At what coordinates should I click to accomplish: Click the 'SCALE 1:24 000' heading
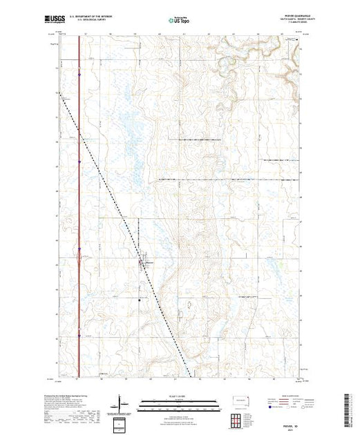pyautogui.click(x=180, y=396)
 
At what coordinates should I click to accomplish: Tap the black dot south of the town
pyautogui.click(x=139, y=300)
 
